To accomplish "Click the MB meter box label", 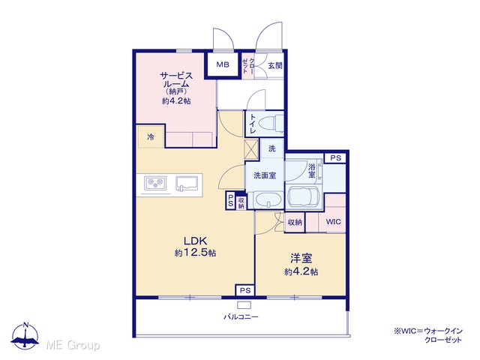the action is pos(223,64).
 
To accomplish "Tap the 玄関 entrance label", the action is pos(275,65).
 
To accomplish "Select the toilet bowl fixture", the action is pos(271,123).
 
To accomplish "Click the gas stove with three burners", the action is pos(155,183).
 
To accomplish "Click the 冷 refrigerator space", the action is pos(151,136).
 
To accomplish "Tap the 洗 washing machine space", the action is pos(271,148).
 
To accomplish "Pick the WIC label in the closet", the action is pos(333,222).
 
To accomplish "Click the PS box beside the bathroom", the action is pos(335,158).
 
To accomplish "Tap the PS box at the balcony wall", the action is pos(245,290).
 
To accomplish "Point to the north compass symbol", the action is pos(25,335).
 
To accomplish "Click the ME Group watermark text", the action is pos(73,345).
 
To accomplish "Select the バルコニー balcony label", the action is pos(241,316).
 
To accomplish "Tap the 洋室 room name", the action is pos(301,258).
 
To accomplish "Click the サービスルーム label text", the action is pos(176,79).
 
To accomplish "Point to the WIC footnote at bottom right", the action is pos(428,335).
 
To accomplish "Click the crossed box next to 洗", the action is pos(252,148).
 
